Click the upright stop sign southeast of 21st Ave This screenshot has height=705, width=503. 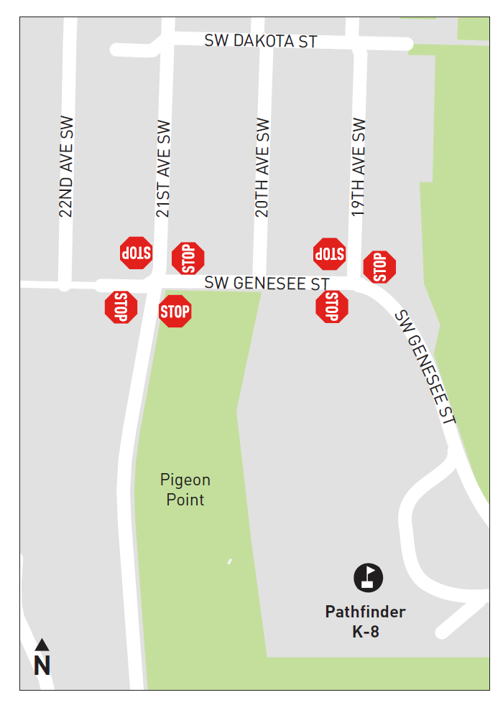(x=175, y=312)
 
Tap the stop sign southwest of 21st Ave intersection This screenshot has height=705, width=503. (x=121, y=307)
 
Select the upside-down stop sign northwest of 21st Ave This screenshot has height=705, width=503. (x=136, y=253)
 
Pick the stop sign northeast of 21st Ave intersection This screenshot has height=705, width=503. (x=188, y=258)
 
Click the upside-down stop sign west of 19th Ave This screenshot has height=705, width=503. (x=329, y=253)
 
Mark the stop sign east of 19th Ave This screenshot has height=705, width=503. (x=379, y=267)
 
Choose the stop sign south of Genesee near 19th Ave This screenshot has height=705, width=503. (x=331, y=307)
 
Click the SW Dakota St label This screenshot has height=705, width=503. (x=261, y=41)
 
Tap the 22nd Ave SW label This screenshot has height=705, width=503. (x=66, y=167)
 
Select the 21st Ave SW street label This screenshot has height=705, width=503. (x=163, y=169)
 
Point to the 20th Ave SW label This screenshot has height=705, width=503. (x=262, y=167)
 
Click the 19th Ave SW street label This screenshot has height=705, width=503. (x=359, y=167)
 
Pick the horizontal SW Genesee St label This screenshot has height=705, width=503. (x=267, y=284)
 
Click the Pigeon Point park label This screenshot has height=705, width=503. (x=185, y=490)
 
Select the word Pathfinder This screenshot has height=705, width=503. (x=365, y=612)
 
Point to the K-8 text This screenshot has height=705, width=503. (x=365, y=632)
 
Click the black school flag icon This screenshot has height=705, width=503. (x=369, y=578)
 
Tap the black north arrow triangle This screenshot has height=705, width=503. (x=42, y=644)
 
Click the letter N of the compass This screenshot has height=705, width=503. (x=42, y=666)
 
